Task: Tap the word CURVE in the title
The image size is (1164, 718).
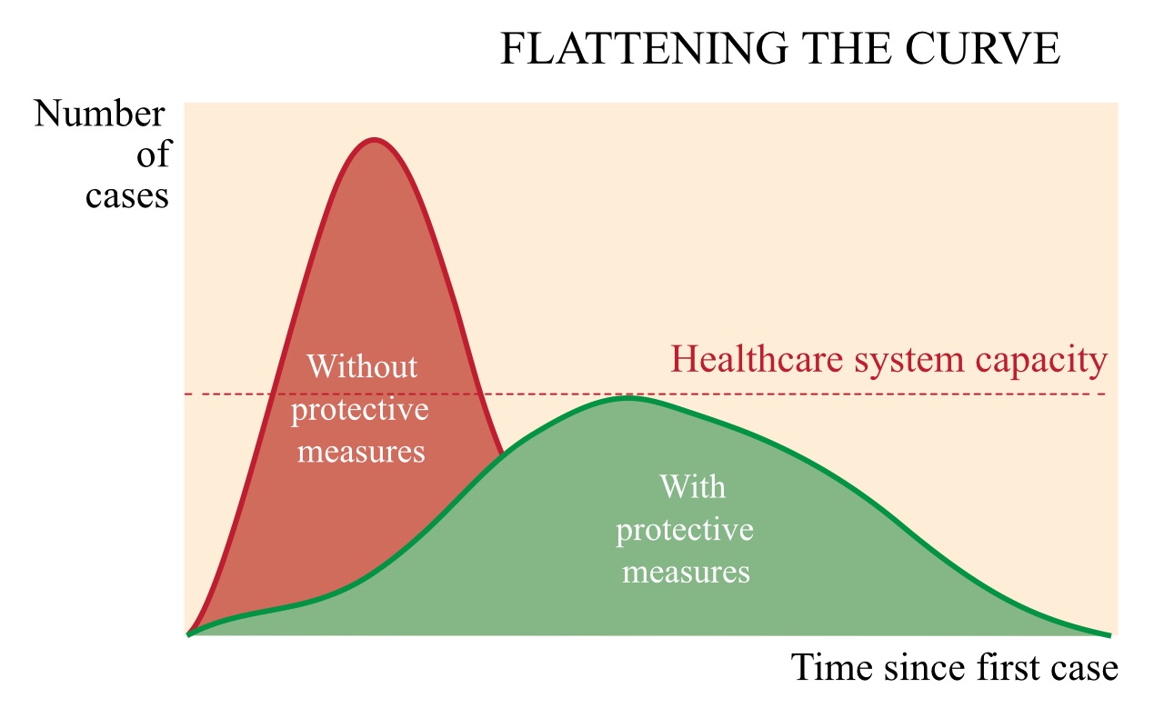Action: click(983, 48)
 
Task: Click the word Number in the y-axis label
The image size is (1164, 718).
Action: click(99, 114)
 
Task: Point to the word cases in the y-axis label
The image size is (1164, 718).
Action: click(126, 196)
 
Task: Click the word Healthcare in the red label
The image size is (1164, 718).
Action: click(757, 359)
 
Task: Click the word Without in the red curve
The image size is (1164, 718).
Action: click(362, 366)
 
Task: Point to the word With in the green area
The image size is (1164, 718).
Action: click(693, 487)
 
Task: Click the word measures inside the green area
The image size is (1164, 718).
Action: click(686, 572)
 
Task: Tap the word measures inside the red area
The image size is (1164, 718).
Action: click(361, 452)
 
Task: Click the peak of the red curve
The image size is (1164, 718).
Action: click(374, 139)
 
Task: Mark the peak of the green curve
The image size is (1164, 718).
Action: click(627, 397)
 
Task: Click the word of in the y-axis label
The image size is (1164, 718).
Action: click(153, 154)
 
